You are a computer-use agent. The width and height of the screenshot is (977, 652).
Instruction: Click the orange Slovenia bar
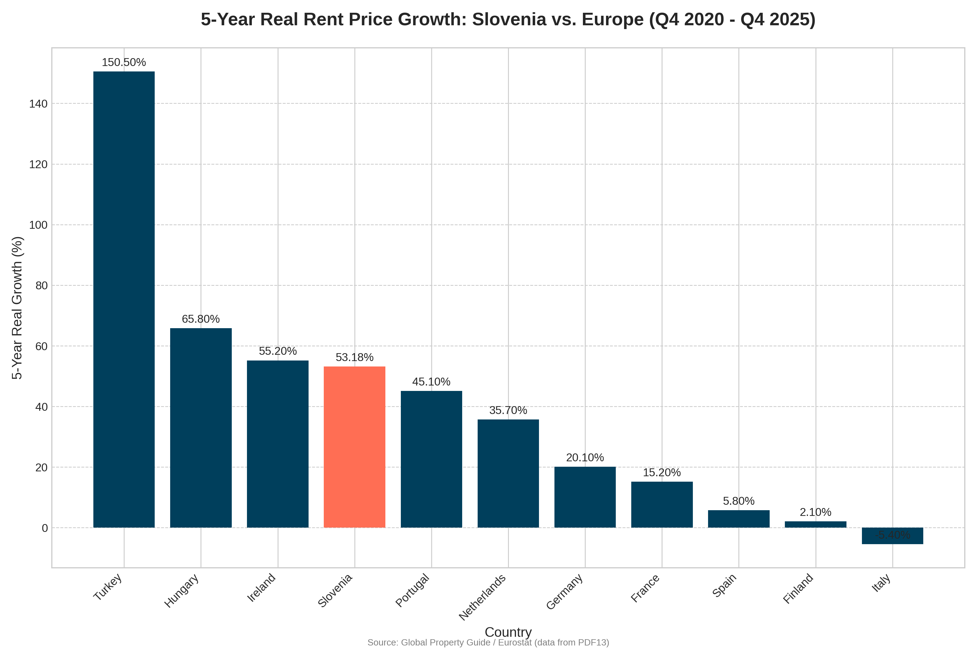tap(354, 447)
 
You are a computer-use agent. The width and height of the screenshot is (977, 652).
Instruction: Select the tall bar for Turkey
tap(124, 299)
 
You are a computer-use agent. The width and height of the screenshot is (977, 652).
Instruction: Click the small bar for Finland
tap(816, 524)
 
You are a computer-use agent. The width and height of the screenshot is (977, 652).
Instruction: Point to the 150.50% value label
tap(124, 62)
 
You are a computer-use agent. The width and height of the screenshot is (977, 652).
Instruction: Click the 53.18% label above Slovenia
tap(354, 357)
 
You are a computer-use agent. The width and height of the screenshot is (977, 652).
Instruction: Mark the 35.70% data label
tap(508, 410)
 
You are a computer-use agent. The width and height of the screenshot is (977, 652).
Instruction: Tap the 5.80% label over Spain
tap(738, 501)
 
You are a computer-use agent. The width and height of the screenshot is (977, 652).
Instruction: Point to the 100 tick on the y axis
tap(38, 225)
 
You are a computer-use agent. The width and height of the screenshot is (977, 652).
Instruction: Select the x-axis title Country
tap(508, 632)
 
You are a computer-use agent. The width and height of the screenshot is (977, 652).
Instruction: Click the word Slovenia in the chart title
tap(509, 20)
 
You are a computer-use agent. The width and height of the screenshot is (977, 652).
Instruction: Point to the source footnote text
tap(488, 643)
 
